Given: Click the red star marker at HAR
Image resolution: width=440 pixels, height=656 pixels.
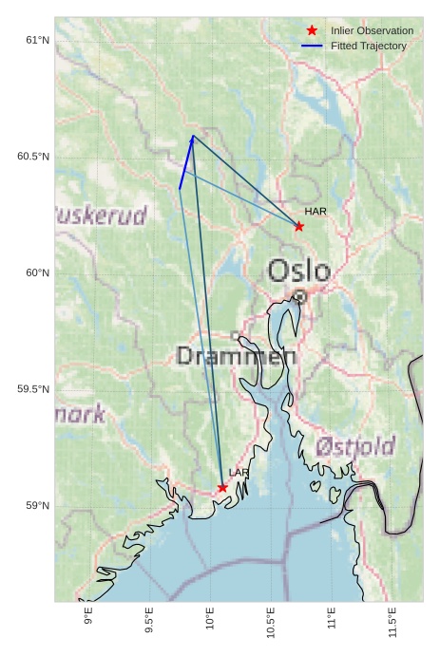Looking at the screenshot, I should click(298, 226).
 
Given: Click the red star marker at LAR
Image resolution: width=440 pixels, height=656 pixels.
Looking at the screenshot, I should click(222, 488).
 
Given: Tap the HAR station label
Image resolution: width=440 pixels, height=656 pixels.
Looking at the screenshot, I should click(316, 211).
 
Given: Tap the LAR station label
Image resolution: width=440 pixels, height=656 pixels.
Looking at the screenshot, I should click(239, 472).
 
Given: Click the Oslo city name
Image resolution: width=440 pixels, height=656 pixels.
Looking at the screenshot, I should click(298, 272).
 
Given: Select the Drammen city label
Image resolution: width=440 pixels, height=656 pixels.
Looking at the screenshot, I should click(237, 357).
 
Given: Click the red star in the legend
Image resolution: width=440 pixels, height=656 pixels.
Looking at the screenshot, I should click(312, 30).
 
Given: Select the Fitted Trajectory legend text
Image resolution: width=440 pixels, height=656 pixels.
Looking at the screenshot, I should click(369, 46).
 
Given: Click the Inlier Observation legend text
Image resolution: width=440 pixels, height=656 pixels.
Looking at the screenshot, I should click(372, 30).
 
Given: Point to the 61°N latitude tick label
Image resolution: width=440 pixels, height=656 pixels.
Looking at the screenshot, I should click(37, 40).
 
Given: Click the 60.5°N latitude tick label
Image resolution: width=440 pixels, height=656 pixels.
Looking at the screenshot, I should click(33, 156).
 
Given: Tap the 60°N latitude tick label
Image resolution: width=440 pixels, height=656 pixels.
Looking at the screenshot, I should click(37, 272).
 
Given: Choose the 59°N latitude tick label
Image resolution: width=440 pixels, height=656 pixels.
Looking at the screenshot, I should click(37, 505).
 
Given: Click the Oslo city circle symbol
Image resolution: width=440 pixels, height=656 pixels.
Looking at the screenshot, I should click(299, 296).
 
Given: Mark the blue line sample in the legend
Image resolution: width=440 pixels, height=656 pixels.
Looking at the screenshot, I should click(312, 46).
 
